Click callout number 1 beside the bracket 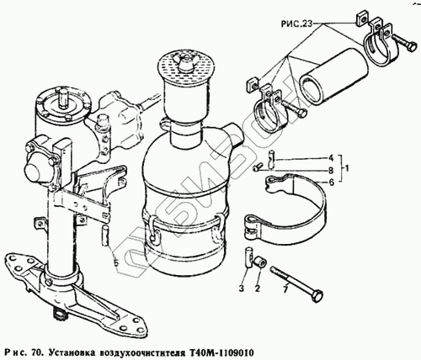coord(347,169)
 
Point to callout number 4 coord(331,158)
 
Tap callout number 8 coord(331,170)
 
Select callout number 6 coord(331,183)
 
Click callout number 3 coord(242,289)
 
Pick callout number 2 coord(258,289)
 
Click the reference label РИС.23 coord(296,24)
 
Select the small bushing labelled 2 coord(259,262)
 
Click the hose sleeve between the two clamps coord(333,77)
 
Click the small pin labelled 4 coord(270,160)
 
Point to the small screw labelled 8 coord(257,167)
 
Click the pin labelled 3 coord(249,257)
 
